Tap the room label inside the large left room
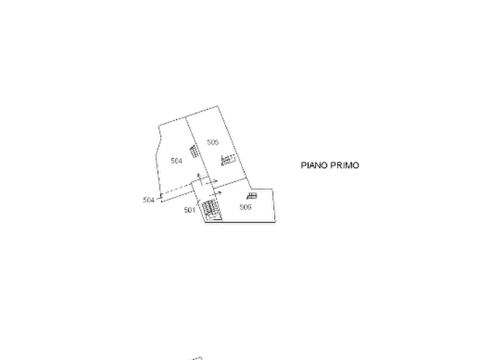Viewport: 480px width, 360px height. [x=176, y=160]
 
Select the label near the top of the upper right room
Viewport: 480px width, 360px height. [x=213, y=141]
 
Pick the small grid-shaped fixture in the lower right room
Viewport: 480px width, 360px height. [x=252, y=197]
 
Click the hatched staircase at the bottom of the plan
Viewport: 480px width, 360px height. [x=210, y=210]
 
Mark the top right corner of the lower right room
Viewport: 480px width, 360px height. [x=276, y=188]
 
